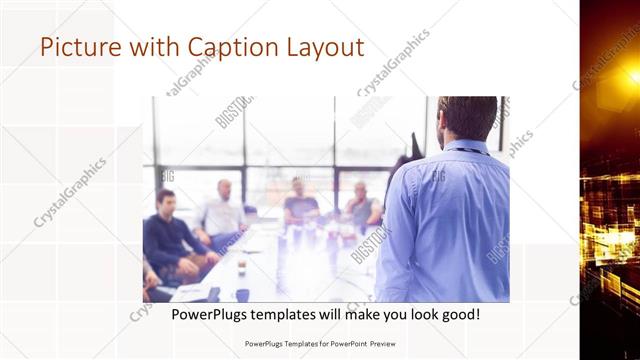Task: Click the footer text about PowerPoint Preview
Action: point(313,342)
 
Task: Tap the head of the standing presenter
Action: point(466,119)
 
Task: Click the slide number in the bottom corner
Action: point(633,340)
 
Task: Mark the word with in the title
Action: point(139,47)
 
